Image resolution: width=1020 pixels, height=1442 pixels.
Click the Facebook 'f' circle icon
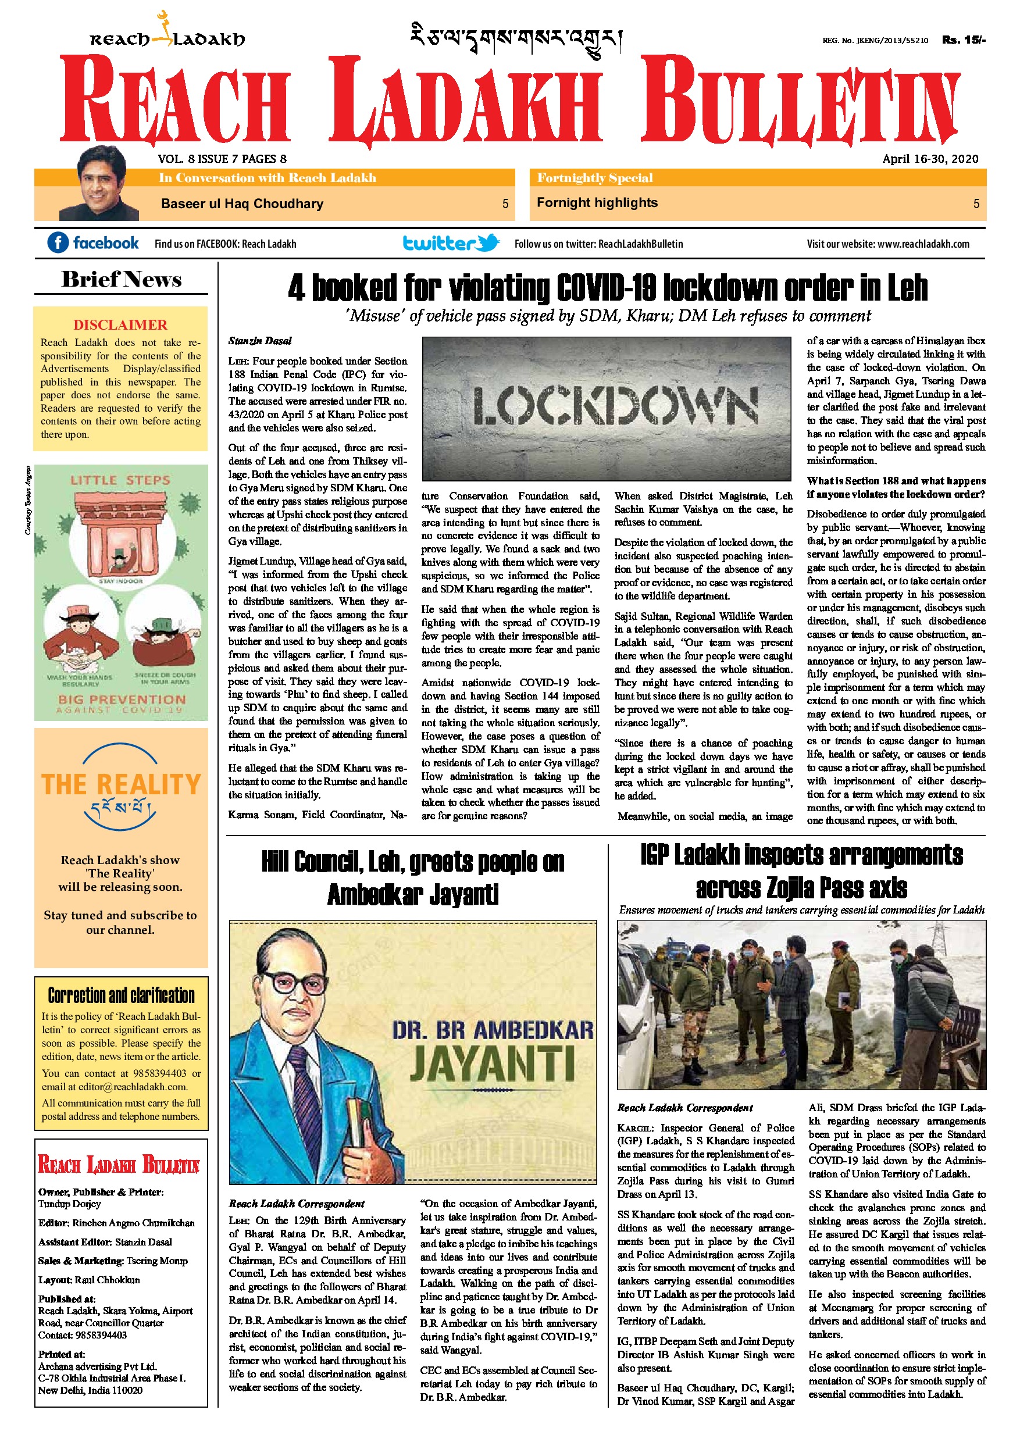point(58,242)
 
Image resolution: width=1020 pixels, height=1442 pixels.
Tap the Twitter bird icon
point(488,242)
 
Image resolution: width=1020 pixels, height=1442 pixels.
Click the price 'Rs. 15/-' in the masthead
point(964,40)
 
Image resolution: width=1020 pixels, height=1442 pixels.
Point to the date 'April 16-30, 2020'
point(930,159)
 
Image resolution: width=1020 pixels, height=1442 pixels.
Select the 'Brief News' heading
point(121,280)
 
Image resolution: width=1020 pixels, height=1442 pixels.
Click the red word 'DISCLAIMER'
point(120,324)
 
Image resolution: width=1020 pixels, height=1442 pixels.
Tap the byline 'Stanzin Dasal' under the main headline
point(260,341)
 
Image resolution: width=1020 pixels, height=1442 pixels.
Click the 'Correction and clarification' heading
point(121,995)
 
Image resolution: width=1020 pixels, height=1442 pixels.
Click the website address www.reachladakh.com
point(923,244)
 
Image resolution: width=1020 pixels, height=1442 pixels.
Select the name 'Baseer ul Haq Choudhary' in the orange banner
point(242,204)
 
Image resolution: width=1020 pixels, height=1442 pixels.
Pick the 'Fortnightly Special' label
point(595,178)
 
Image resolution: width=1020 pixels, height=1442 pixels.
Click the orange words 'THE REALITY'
point(121,784)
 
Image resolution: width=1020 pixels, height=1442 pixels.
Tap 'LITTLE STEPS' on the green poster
point(120,480)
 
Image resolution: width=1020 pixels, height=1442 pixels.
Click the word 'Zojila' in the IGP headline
point(793,888)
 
